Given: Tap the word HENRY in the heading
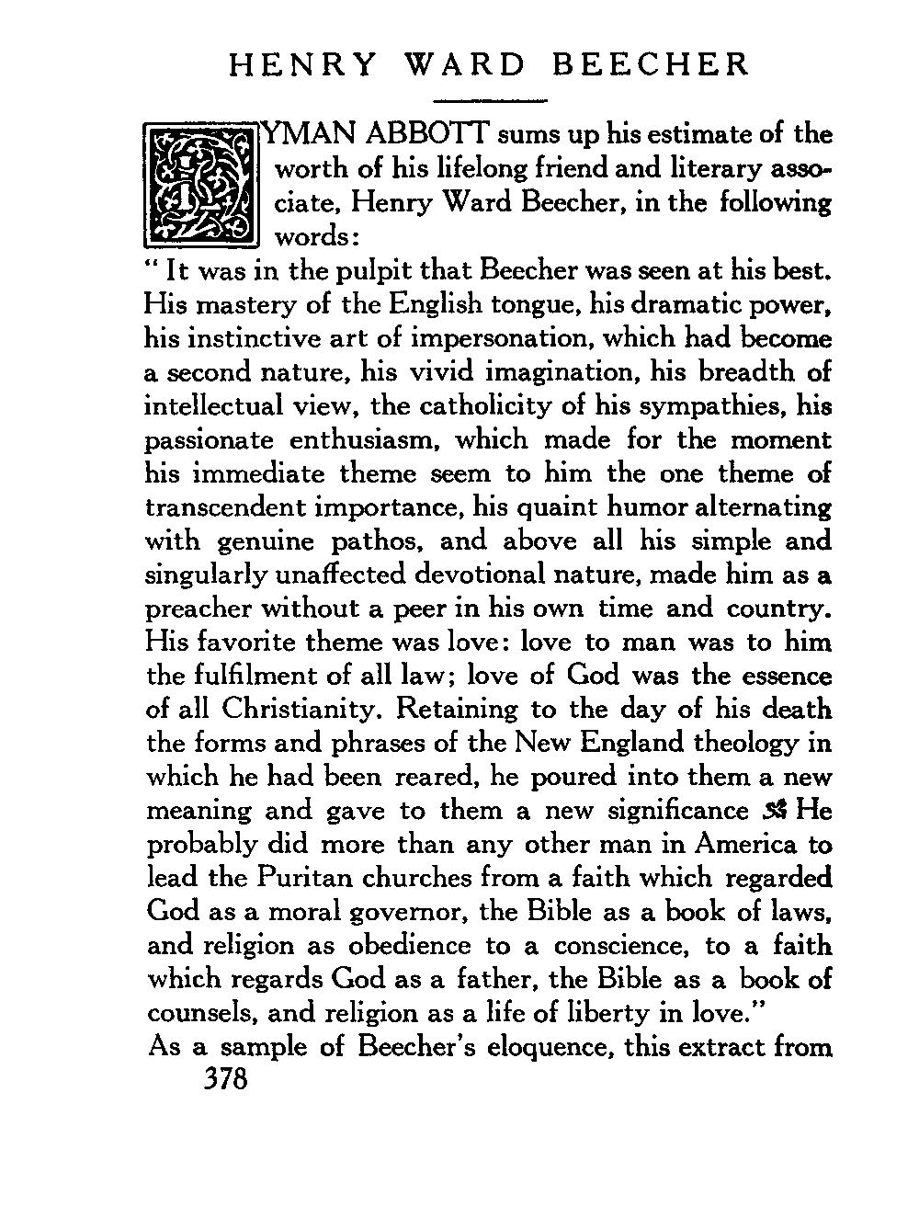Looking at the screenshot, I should (301, 65).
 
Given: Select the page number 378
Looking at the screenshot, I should (225, 1078).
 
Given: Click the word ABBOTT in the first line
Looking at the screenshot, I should (426, 135).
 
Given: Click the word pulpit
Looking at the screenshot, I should (376, 271).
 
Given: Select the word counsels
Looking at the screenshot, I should (195, 1013).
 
